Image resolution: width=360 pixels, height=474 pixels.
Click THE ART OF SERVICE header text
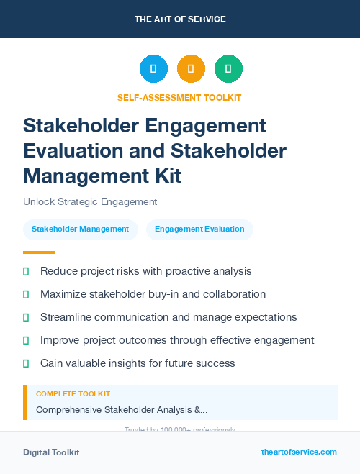pos(180,19)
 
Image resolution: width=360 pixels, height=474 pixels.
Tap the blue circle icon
pos(153,69)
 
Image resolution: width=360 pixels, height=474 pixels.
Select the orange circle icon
pos(191,69)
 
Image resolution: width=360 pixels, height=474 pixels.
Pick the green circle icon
pos(228,69)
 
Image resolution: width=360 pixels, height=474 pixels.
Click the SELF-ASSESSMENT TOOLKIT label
pos(180,97)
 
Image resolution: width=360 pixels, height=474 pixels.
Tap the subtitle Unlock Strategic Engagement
pos(90,201)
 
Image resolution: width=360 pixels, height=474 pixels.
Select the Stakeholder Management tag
pos(80,229)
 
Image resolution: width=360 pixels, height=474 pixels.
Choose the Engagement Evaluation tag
pos(199,229)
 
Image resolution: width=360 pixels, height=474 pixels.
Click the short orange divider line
pos(39,252)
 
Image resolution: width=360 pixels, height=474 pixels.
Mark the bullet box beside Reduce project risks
pos(26,271)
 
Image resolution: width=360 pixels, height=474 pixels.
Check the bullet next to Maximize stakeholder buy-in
pos(26,294)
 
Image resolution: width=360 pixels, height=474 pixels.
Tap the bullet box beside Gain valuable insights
pos(26,363)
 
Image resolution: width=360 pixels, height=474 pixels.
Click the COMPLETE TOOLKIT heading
pos(73,394)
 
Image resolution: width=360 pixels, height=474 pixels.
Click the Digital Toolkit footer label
pos(51,452)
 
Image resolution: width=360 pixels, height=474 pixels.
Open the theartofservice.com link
pos(299,452)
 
